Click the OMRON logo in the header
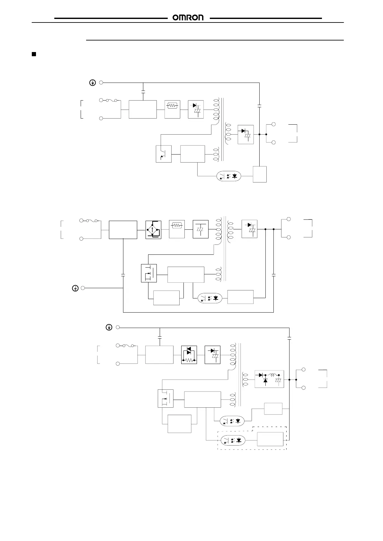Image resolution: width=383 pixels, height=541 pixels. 188,18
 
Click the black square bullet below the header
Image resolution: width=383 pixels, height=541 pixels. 34,54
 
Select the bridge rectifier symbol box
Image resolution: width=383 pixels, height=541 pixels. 153,230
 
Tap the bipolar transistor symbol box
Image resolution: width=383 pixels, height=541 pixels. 164,154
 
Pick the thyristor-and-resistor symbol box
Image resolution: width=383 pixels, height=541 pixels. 189,355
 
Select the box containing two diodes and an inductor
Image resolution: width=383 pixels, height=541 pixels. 269,379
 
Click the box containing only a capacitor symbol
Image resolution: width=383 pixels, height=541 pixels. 201,229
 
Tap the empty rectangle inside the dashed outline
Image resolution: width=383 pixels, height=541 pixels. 270,439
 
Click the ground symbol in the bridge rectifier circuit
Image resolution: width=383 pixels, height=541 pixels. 75,288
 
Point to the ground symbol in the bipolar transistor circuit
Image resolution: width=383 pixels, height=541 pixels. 93,83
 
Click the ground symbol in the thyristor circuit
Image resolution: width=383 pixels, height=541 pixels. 109,327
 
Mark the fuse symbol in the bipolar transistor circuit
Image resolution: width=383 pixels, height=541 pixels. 109,100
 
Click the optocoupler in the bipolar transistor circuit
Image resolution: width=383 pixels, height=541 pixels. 229,176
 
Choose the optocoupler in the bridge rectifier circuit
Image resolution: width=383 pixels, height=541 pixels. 210,298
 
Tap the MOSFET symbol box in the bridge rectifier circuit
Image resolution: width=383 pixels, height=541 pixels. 149,273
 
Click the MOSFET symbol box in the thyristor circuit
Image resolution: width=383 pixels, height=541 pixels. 166,398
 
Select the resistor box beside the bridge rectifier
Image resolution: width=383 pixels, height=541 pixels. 177,229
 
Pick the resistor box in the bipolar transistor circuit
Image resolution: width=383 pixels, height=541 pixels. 173,110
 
